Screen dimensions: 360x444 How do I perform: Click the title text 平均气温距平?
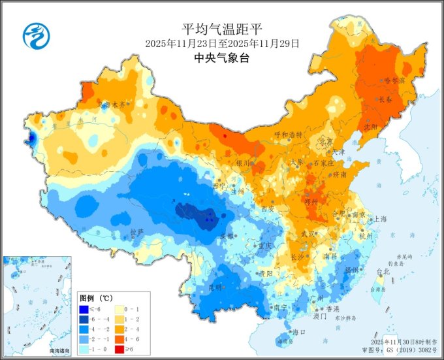(x=221, y=29)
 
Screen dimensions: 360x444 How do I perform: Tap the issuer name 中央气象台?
(x=222, y=58)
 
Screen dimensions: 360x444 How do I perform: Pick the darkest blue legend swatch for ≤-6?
(x=85, y=308)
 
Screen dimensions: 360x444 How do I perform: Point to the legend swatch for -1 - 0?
(x=85, y=350)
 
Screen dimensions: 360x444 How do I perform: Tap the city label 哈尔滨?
(x=394, y=80)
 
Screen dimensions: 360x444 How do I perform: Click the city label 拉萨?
(x=136, y=231)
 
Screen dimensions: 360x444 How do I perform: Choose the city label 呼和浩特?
(x=289, y=134)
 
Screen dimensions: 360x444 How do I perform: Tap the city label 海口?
(x=298, y=333)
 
